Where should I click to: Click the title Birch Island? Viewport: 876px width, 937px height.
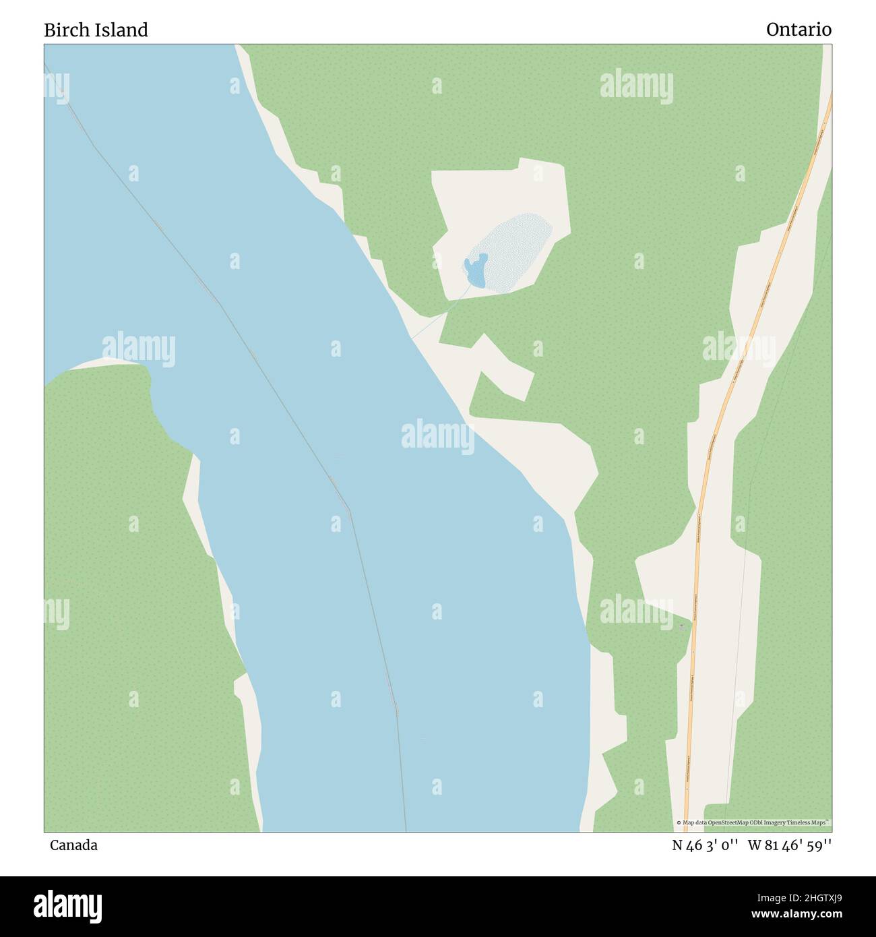pyautogui.click(x=96, y=30)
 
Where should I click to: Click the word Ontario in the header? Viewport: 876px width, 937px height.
pyautogui.click(x=799, y=30)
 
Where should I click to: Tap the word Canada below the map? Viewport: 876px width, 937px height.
pyautogui.click(x=73, y=845)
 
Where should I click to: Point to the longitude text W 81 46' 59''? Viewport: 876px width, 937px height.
pyautogui.click(x=790, y=845)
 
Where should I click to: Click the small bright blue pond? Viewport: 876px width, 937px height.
pyautogui.click(x=476, y=270)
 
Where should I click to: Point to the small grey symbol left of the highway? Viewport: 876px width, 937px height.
pyautogui.click(x=681, y=627)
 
